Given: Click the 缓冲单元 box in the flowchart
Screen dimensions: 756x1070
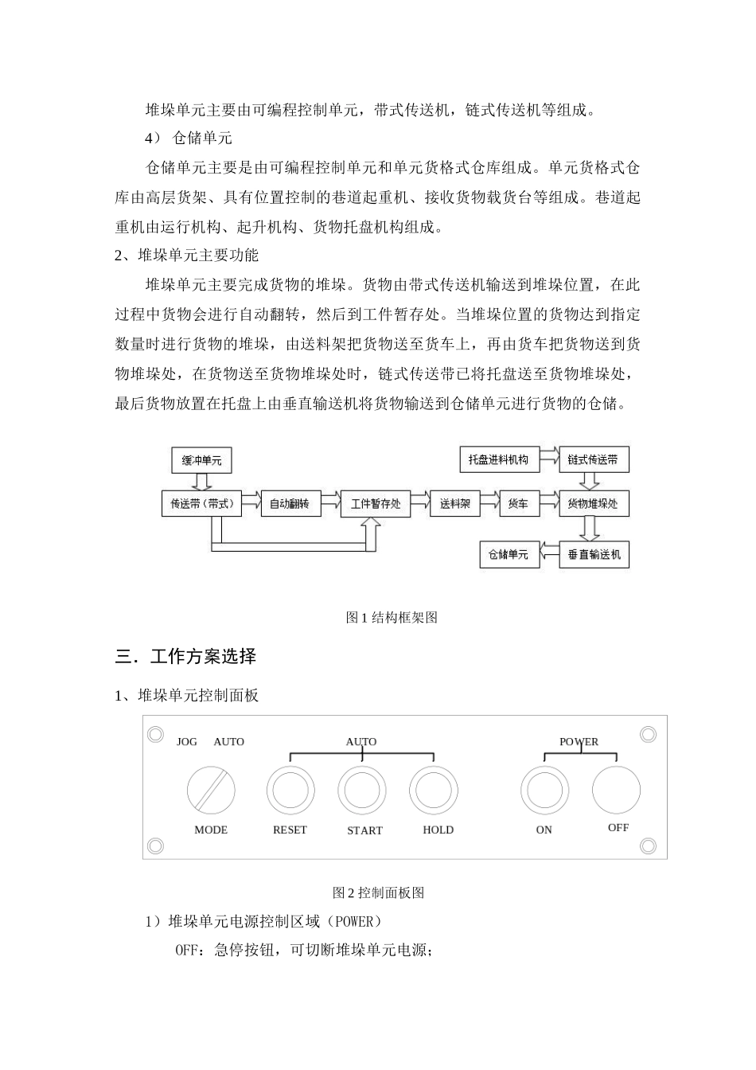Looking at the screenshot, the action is point(201,460).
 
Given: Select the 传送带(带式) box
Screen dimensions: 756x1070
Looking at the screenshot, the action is point(201,503).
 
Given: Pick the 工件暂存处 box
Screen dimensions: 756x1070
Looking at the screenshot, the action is point(376,503).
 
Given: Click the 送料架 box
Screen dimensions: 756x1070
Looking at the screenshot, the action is point(455,503).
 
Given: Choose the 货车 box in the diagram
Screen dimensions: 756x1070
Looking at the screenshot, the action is point(518,503).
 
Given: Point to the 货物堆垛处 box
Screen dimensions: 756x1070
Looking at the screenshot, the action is point(594,503).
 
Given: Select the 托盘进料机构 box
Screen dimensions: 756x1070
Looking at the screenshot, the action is point(499,459).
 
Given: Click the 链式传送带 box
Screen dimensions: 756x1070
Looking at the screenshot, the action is point(594,459).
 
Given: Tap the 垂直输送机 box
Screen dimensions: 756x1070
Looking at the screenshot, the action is point(594,554).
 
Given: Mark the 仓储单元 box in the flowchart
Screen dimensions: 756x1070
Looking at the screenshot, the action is point(509,554).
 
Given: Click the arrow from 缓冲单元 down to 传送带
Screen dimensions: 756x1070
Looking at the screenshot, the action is point(201,482).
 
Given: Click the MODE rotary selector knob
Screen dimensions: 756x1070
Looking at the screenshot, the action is point(211,791).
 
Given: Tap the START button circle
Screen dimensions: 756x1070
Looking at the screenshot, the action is point(362,791).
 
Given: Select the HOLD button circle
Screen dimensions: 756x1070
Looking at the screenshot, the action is point(434,791).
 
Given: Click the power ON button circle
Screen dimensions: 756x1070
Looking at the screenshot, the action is point(544,791).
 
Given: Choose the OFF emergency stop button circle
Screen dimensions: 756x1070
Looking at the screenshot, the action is point(616,790).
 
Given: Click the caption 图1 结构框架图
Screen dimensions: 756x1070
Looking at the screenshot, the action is point(392,617).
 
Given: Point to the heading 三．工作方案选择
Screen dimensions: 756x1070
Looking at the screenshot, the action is point(185,657).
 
